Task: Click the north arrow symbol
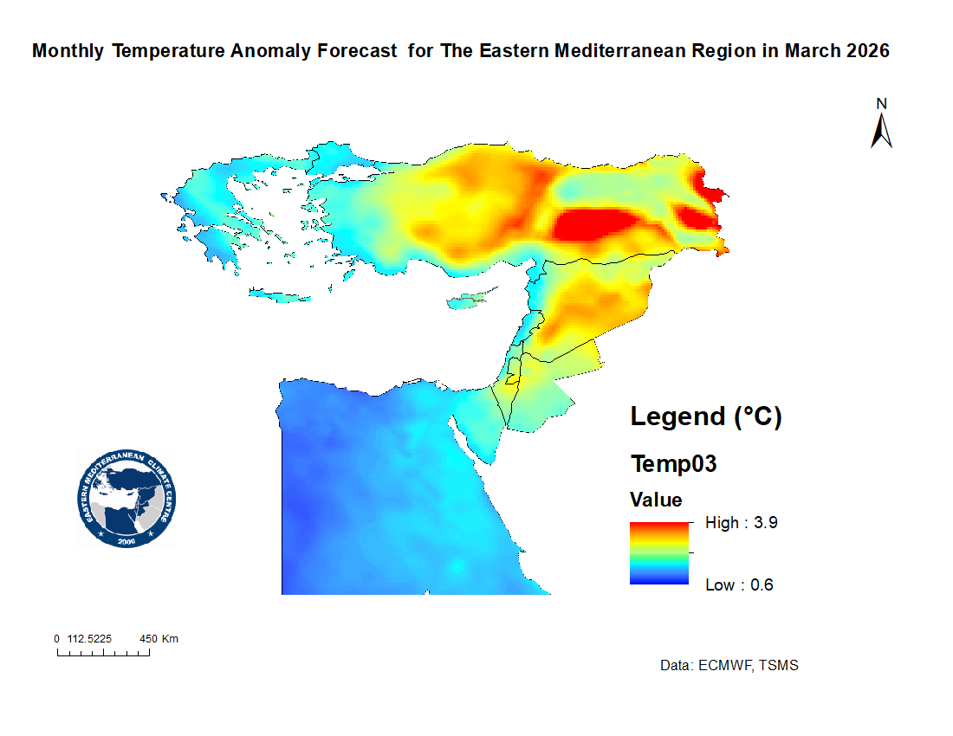click(882, 131)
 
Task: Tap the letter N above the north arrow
click(882, 103)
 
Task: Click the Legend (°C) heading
click(706, 416)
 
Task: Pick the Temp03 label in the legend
click(674, 464)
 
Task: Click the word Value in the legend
click(656, 500)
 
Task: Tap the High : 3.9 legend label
click(736, 522)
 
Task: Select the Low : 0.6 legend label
click(739, 584)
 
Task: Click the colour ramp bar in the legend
click(658, 553)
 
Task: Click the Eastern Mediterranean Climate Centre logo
click(126, 499)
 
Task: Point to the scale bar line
click(103, 654)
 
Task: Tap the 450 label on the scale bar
click(149, 639)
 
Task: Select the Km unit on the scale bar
click(170, 639)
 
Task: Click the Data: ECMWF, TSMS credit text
click(729, 666)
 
